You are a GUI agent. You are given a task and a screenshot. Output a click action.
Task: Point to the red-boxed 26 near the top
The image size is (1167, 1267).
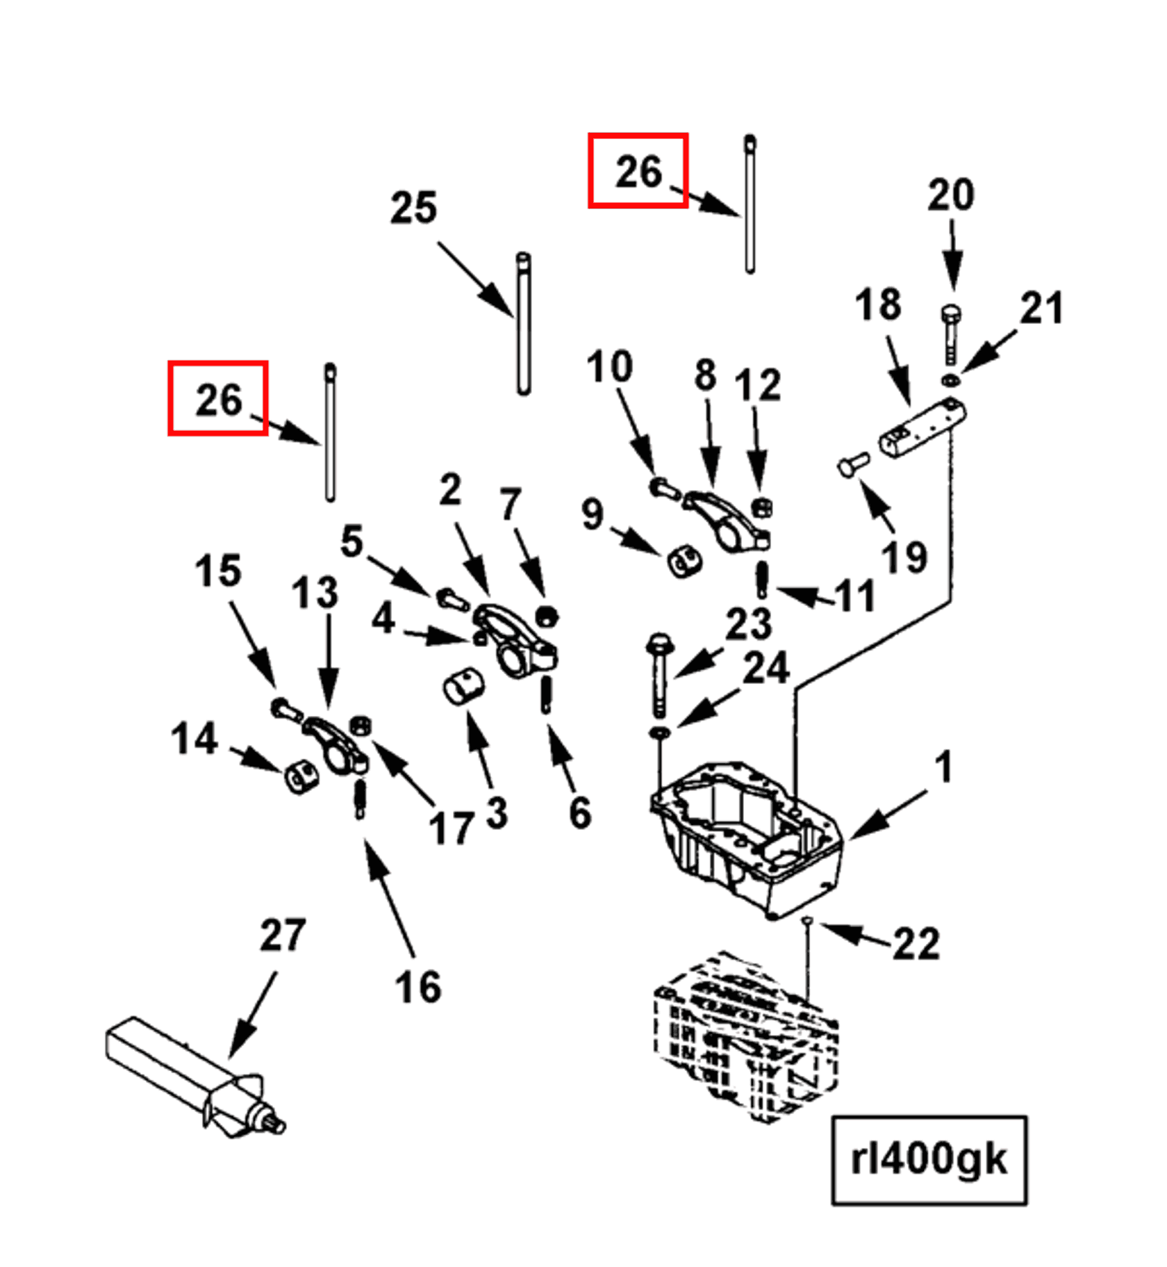click(638, 170)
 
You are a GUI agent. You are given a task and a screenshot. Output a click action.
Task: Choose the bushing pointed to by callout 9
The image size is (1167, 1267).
click(684, 560)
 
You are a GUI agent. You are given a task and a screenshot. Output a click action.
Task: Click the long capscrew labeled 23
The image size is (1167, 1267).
click(659, 674)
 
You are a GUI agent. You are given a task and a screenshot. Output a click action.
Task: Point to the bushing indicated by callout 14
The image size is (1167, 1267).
click(301, 778)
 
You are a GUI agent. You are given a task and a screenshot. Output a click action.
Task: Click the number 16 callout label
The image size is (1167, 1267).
click(417, 986)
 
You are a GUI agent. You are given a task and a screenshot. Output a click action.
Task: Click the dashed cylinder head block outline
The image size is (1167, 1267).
click(747, 1036)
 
